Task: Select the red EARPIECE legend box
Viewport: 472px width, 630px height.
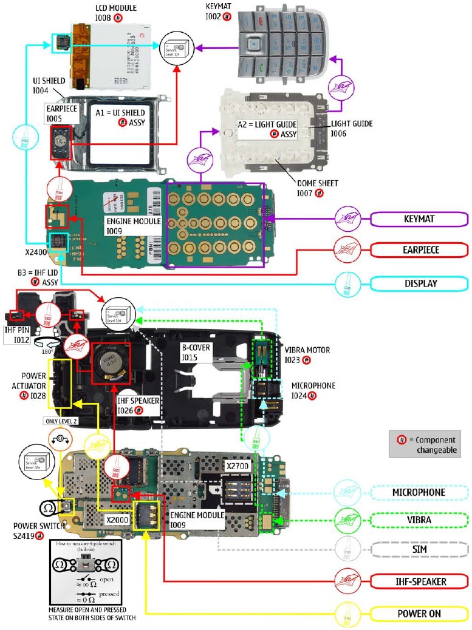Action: coord(419,250)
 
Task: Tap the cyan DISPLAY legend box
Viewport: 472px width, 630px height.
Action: coord(419,283)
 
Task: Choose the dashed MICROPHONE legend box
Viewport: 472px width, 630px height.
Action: coord(419,492)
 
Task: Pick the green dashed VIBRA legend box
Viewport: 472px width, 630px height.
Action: coord(419,520)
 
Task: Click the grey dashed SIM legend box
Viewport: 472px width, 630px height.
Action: coord(419,549)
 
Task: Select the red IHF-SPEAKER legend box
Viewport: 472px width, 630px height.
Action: coord(419,581)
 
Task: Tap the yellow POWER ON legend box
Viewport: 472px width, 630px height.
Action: coord(419,614)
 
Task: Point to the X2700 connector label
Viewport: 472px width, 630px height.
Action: coord(238,466)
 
